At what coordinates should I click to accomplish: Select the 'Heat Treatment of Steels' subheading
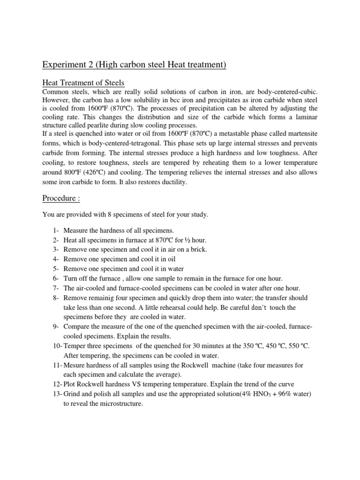(83, 83)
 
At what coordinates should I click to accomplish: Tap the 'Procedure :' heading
(61, 198)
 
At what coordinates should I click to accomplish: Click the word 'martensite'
(299, 134)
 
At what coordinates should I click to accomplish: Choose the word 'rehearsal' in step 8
(158, 307)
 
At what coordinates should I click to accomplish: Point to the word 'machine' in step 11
(219, 365)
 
